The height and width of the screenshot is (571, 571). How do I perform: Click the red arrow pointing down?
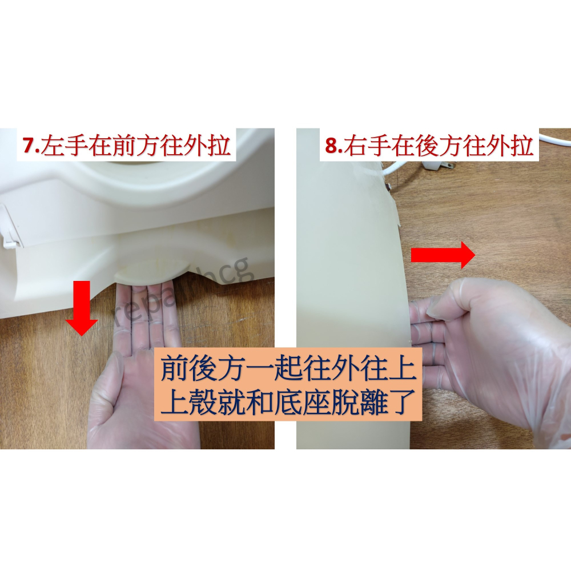pyautogui.click(x=81, y=308)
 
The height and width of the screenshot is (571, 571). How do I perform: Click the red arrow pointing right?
pyautogui.click(x=443, y=255)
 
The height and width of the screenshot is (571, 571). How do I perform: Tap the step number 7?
pyautogui.click(x=29, y=146)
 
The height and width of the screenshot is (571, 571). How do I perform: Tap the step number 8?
pyautogui.click(x=332, y=146)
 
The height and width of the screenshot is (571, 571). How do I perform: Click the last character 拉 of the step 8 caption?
pyautogui.click(x=521, y=146)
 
